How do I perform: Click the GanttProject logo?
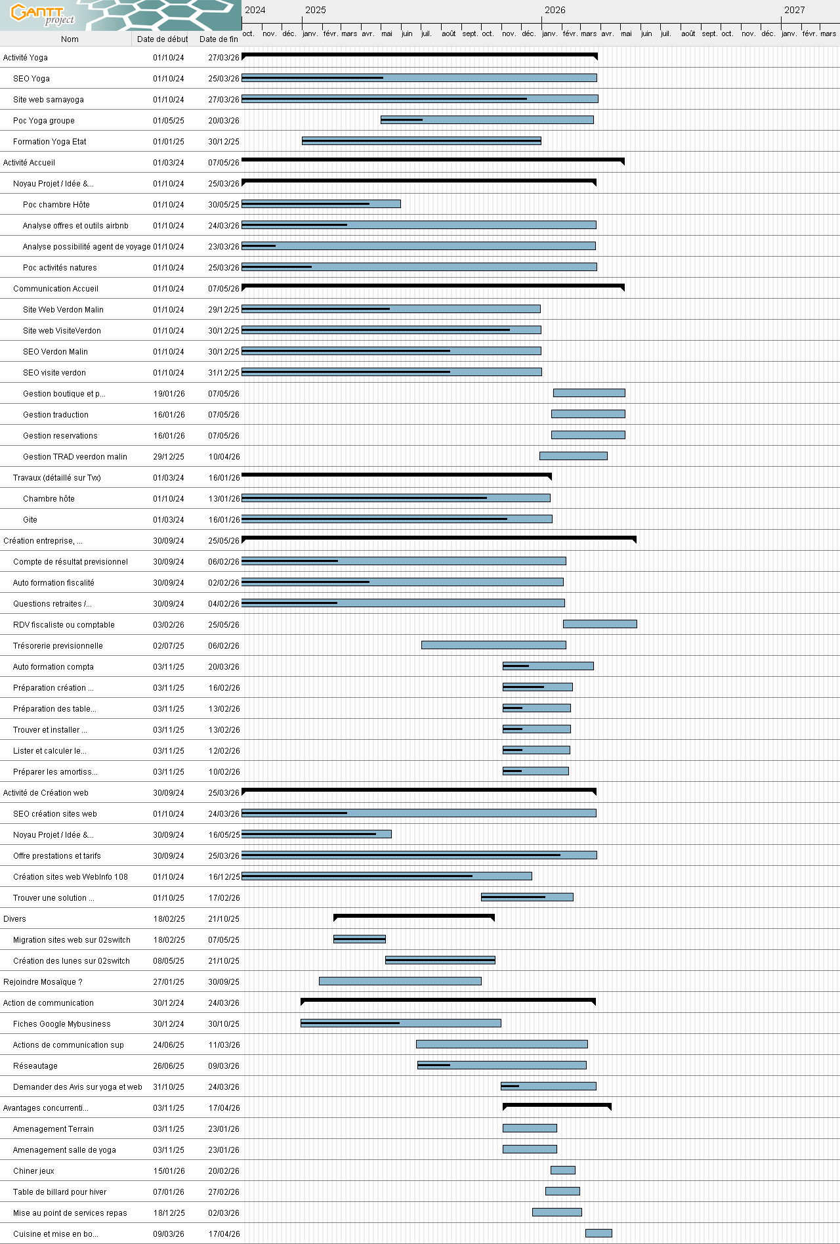point(43,14)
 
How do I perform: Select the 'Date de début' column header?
point(162,39)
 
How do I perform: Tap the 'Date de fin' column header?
point(219,39)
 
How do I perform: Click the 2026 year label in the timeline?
point(555,10)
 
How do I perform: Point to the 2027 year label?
point(794,10)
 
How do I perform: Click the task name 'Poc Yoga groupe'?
point(44,121)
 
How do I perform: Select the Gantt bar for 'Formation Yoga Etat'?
point(421,141)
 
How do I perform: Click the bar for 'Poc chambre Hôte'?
point(321,204)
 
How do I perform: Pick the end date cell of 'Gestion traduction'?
point(224,415)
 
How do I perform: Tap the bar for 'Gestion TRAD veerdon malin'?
point(573,456)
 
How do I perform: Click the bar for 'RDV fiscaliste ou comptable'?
point(600,624)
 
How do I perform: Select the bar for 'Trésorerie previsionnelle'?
point(493,645)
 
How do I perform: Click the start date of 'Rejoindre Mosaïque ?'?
point(169,982)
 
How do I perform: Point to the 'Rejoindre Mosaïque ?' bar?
point(400,981)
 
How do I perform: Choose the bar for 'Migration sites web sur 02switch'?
point(359,939)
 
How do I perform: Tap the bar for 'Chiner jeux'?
point(562,1170)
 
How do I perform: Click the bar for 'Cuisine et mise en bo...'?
point(598,1233)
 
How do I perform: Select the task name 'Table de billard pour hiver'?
point(60,1192)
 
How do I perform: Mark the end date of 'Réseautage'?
point(224,1066)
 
